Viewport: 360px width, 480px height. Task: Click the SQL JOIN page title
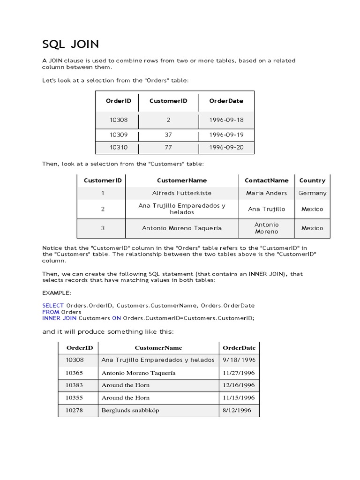(70, 45)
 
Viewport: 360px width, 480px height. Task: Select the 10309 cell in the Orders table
(119, 135)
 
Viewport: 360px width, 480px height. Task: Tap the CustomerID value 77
(168, 148)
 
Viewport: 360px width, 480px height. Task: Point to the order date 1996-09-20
(226, 148)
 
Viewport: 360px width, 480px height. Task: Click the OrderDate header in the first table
(226, 101)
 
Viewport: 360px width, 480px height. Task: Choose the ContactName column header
(267, 180)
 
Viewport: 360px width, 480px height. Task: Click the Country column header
(312, 180)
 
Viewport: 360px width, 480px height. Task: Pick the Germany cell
(312, 193)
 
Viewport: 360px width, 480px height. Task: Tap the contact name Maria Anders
(267, 193)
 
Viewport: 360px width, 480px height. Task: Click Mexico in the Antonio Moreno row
(312, 228)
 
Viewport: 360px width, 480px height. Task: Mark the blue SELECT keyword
(53, 306)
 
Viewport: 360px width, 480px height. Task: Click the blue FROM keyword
(51, 312)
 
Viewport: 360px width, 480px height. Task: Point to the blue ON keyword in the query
(116, 318)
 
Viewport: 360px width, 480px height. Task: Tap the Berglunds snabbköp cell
(130, 410)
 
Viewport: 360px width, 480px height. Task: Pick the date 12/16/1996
(239, 385)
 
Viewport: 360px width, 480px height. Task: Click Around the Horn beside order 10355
(126, 397)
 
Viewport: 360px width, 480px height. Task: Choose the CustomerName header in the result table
(158, 348)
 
